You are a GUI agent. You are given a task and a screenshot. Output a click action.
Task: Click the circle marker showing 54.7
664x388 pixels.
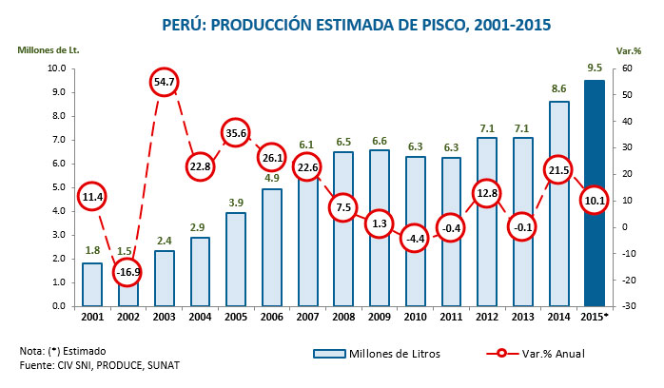[165, 82]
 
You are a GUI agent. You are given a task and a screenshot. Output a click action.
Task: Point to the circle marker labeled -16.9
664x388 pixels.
[127, 271]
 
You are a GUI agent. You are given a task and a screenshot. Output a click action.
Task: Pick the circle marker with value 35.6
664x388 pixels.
[236, 132]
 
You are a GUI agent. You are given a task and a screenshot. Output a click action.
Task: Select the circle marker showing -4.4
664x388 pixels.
[415, 238]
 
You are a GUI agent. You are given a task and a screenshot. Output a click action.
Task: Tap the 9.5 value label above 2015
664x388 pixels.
[594, 68]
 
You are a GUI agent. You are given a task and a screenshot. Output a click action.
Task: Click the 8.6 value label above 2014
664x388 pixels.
[558, 89]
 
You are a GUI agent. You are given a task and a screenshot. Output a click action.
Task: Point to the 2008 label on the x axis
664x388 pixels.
[343, 317]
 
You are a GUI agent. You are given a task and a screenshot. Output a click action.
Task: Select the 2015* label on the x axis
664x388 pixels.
[595, 317]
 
